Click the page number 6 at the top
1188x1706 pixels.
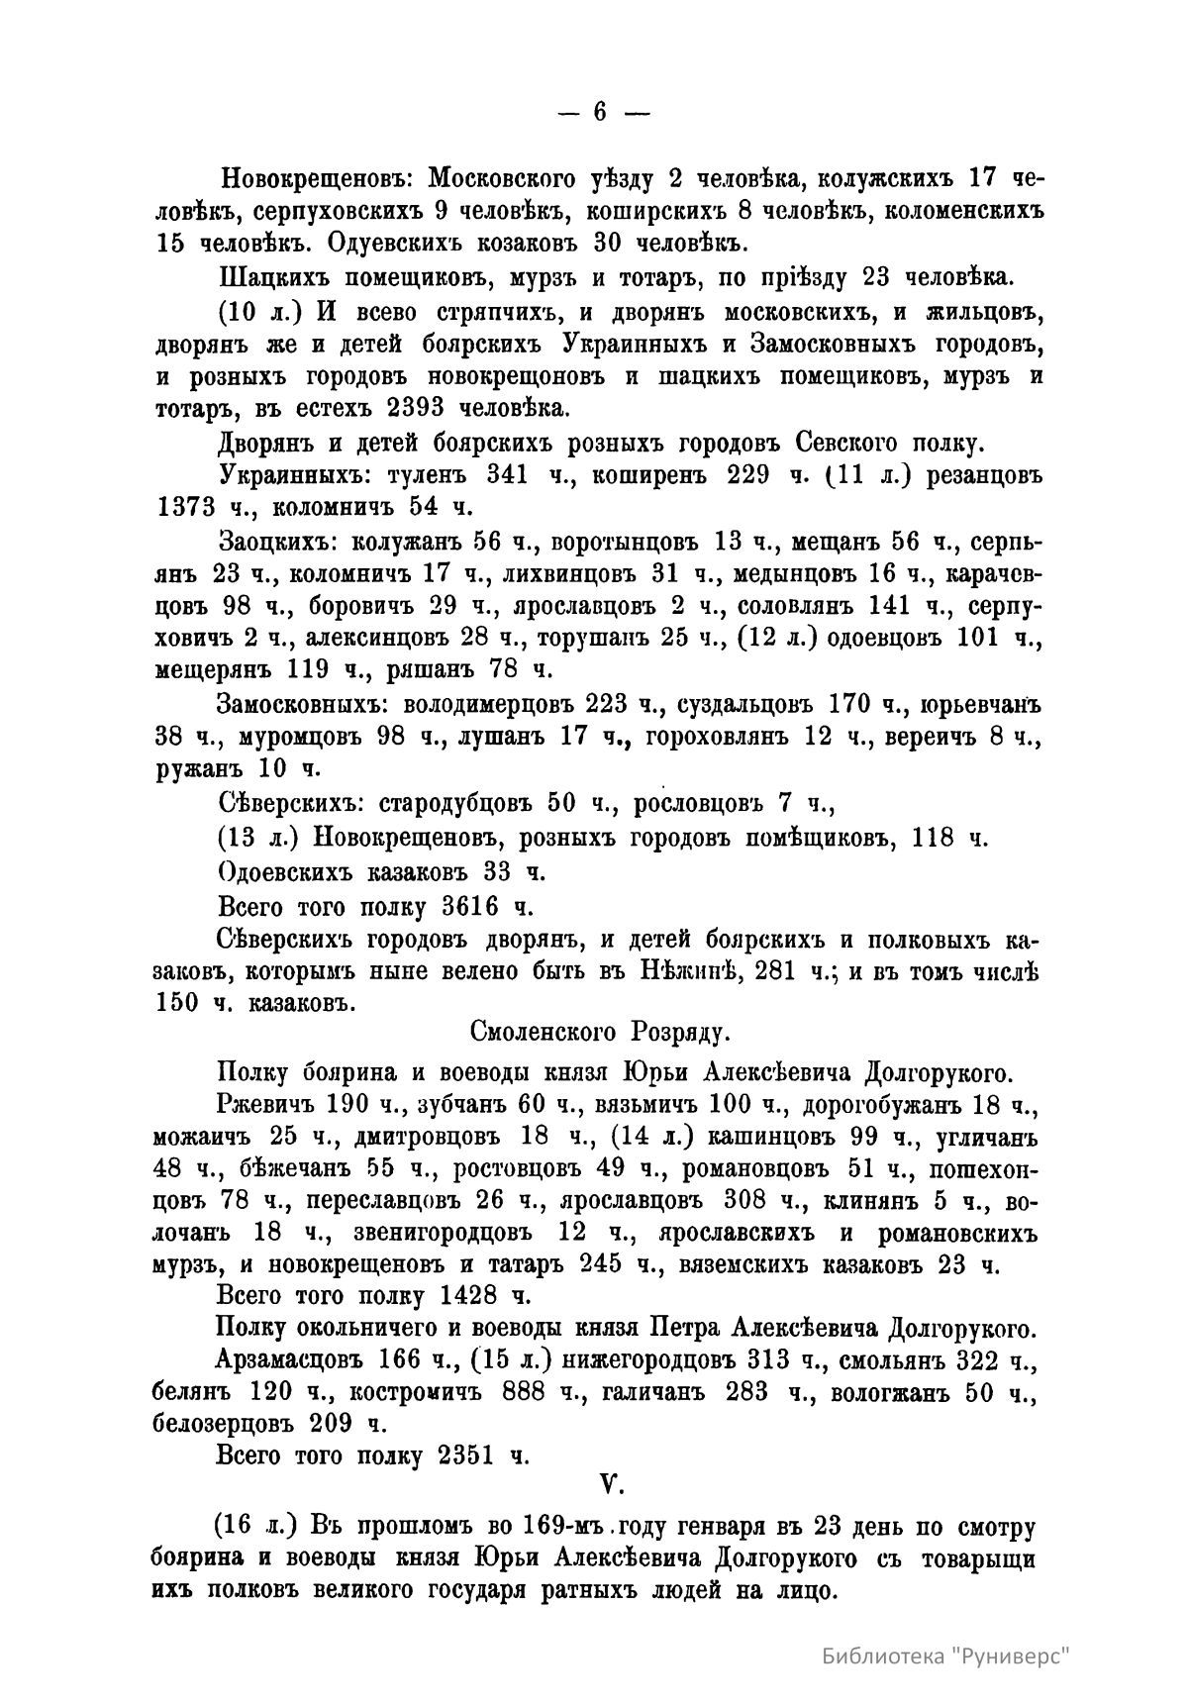600,113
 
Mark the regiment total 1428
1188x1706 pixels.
465,1295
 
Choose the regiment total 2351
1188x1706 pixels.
465,1455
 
